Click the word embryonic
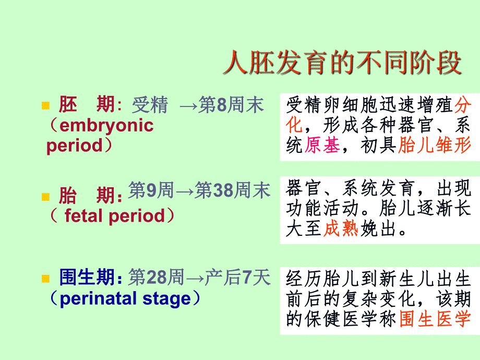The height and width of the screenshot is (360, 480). pos(107,126)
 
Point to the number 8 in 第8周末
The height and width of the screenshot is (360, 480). pos(222,106)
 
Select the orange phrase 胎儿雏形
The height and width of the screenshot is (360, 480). pos(435,146)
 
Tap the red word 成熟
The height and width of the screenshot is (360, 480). pos(341,229)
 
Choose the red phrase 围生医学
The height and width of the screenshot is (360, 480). pos(435,319)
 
